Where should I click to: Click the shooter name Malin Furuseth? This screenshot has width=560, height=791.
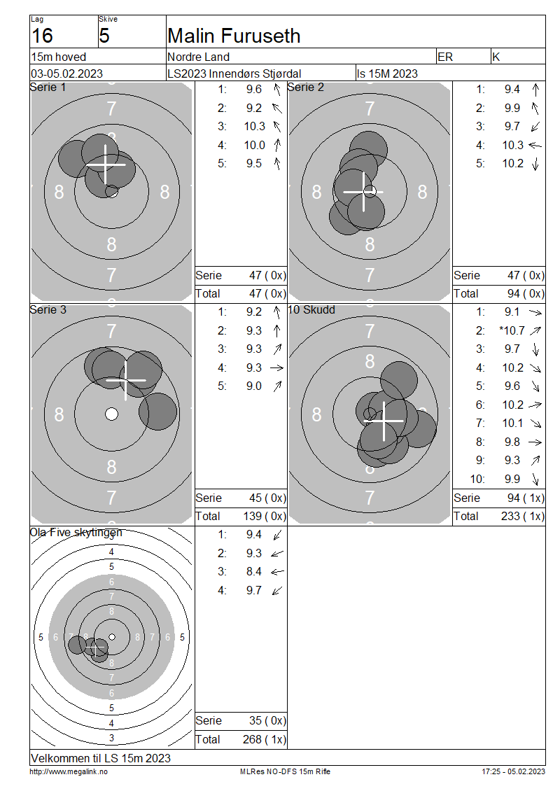tap(234, 36)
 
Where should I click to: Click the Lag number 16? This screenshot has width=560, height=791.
tap(42, 36)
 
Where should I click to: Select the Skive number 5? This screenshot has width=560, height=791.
tap(104, 36)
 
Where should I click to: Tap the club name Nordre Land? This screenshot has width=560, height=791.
tap(198, 57)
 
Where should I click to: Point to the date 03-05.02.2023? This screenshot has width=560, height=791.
tap(66, 73)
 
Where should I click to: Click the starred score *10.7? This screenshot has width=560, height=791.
tap(512, 330)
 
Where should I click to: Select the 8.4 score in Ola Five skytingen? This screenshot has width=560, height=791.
tap(254, 572)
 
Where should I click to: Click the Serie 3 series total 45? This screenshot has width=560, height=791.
tap(255, 498)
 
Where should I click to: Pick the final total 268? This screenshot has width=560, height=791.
tap(252, 739)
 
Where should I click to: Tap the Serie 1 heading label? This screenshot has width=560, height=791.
tap(48, 87)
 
